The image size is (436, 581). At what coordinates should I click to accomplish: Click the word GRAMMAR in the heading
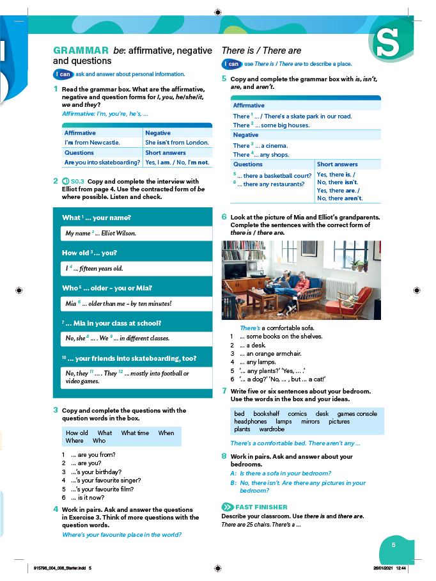click(81, 51)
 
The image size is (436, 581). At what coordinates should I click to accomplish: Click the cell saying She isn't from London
click(177, 143)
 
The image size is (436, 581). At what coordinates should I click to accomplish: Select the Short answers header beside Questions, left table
click(166, 153)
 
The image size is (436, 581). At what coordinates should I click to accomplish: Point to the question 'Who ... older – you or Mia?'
click(107, 288)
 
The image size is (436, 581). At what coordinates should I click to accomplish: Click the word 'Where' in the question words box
click(75, 441)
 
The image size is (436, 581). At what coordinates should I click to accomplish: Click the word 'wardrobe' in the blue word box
click(272, 429)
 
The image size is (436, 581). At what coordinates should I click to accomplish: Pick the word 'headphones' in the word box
click(250, 422)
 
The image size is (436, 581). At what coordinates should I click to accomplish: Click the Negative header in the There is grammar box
click(246, 136)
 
